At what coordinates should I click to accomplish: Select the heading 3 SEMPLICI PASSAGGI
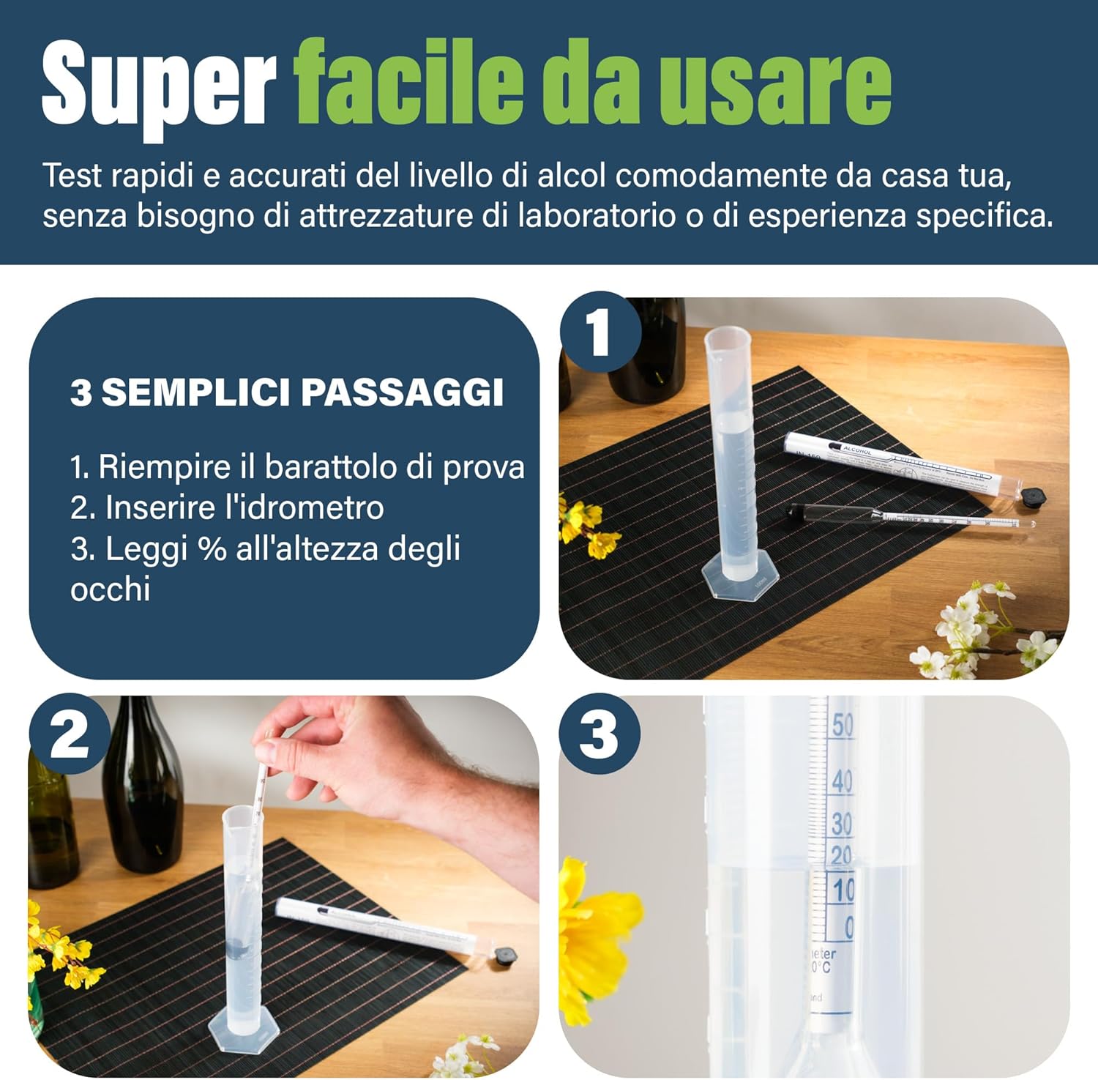287,392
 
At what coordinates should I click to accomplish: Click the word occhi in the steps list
110,589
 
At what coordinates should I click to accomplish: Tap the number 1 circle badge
600,332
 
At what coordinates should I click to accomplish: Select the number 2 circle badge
70,734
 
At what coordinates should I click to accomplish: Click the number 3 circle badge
599,734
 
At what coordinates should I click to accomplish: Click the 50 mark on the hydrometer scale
842,725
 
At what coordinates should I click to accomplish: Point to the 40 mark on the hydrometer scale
842,781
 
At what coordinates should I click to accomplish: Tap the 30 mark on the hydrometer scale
842,824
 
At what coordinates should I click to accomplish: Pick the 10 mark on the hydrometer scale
843,890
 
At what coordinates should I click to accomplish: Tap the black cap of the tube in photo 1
1032,496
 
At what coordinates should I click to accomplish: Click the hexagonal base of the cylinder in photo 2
244,1030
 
